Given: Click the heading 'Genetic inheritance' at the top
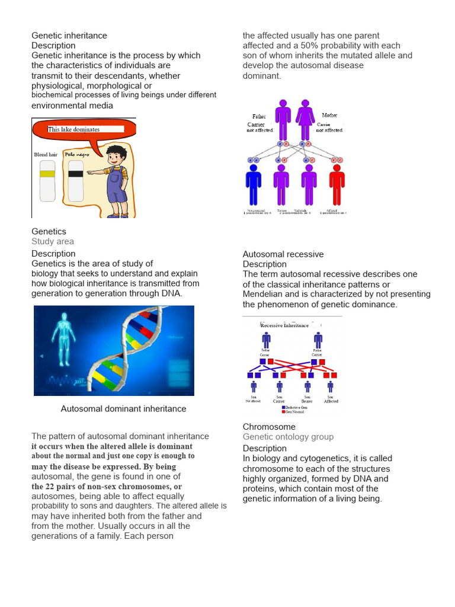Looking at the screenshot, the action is (x=69, y=36).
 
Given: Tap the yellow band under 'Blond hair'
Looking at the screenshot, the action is (x=47, y=173).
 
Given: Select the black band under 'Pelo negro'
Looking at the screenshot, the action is (x=75, y=173).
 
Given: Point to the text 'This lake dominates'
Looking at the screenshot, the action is (x=74, y=129).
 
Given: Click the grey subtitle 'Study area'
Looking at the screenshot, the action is (x=53, y=241).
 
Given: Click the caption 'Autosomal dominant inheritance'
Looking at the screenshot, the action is (x=123, y=408).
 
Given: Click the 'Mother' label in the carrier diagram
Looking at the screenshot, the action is (x=329, y=115).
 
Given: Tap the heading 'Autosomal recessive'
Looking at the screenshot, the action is (x=283, y=254).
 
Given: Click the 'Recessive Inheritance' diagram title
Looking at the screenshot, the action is (x=284, y=325).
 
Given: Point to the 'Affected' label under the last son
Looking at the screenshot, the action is (x=331, y=401).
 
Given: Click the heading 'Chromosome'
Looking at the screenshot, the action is (x=269, y=427).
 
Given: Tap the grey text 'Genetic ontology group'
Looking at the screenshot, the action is (x=288, y=437).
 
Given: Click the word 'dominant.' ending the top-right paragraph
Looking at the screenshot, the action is (x=262, y=76).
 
